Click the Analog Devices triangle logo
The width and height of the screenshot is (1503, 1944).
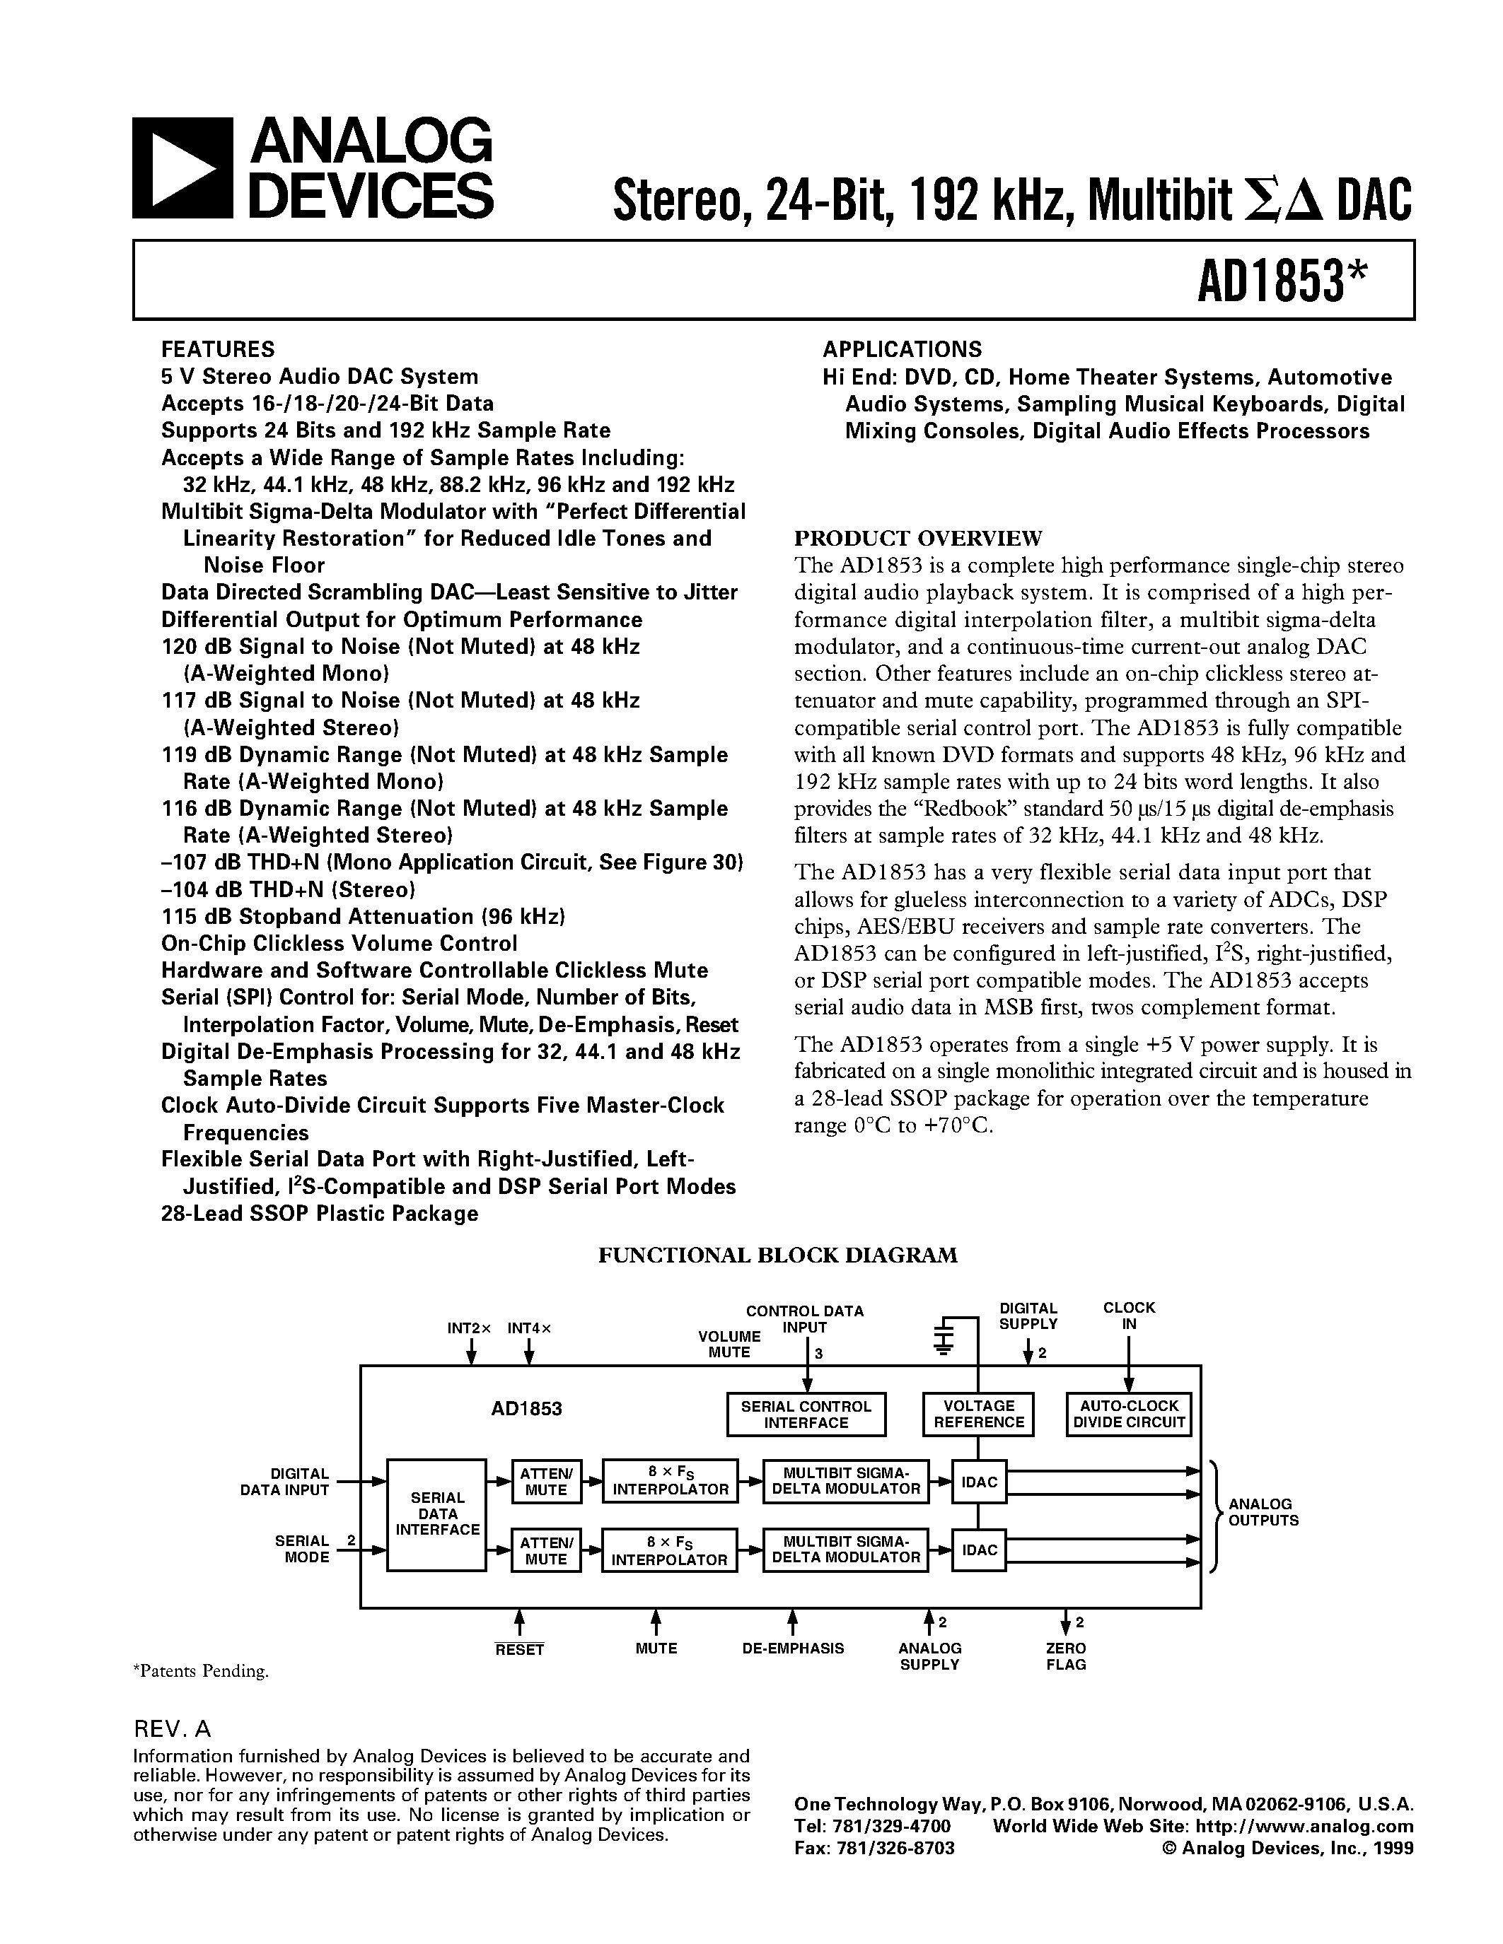(182, 168)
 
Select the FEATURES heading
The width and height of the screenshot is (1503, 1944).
(217, 349)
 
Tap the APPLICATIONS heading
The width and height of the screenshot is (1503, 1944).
(901, 349)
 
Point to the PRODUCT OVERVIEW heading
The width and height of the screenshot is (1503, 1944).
(917, 539)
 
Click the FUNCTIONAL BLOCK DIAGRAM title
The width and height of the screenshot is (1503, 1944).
(777, 1255)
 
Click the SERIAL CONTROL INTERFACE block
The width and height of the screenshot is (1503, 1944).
(806, 1415)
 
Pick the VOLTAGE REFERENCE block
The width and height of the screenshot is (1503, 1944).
(979, 1414)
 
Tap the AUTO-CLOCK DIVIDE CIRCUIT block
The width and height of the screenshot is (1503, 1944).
(1128, 1414)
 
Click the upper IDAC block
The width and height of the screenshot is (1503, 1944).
(980, 1482)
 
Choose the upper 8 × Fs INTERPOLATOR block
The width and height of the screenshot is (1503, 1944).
(671, 1481)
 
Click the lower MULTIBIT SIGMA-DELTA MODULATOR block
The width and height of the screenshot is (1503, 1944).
(845, 1550)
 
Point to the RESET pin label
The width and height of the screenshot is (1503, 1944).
(519, 1649)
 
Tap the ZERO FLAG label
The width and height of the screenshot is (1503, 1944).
(1066, 1656)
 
